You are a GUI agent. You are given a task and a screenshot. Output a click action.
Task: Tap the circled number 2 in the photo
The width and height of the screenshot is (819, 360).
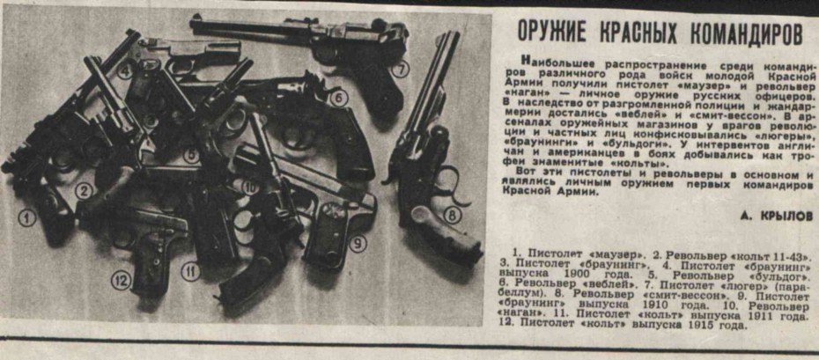[83, 189]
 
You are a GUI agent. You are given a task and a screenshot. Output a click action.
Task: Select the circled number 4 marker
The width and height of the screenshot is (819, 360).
[125, 72]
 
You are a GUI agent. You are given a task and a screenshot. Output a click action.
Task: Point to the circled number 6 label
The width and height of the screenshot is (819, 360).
[338, 98]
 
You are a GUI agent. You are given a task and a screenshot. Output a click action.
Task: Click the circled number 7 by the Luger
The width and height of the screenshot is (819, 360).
[401, 70]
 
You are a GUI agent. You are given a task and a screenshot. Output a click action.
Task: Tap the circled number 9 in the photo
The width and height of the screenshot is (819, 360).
[357, 244]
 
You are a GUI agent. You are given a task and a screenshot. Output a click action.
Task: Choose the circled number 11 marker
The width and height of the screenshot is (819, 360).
[189, 271]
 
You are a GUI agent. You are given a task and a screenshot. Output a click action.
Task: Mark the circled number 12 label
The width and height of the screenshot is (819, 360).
[121, 281]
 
